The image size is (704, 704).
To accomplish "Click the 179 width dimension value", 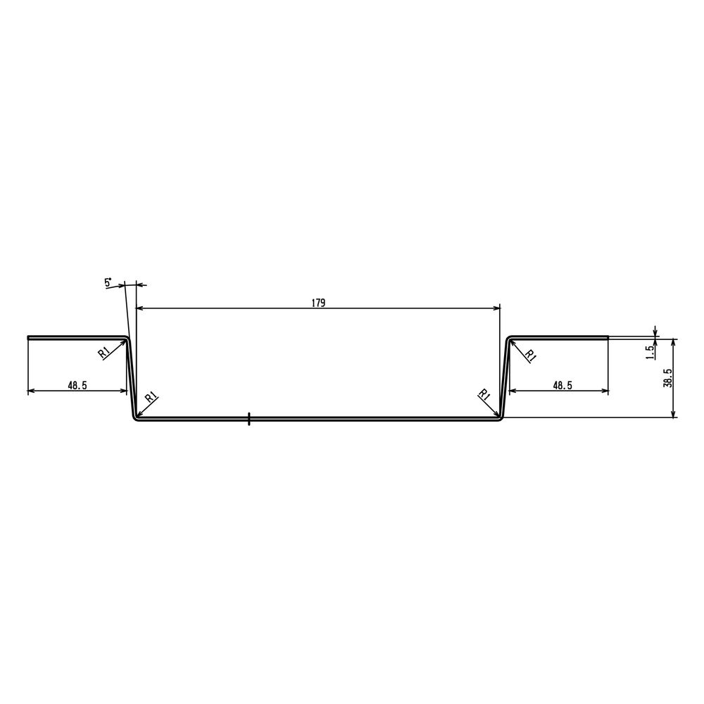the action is [x=318, y=303].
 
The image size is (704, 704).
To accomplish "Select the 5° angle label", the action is [x=108, y=282].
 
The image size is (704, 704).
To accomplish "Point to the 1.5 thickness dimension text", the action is [x=650, y=353].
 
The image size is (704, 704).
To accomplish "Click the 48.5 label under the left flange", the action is [x=77, y=385].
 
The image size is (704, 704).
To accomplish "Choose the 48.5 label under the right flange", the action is [x=562, y=385].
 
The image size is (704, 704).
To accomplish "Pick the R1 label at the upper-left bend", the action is [x=103, y=353].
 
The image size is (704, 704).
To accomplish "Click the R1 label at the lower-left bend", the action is [x=151, y=397].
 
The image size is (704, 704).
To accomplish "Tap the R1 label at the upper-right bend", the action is [x=531, y=356].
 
